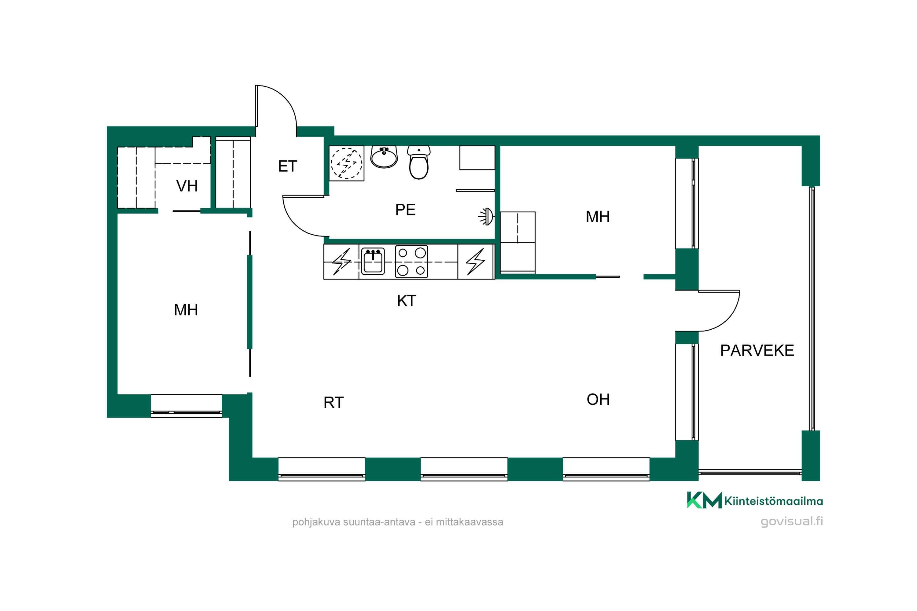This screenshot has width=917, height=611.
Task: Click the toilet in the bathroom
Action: [x=419, y=163]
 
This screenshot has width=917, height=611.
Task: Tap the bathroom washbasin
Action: [x=384, y=157]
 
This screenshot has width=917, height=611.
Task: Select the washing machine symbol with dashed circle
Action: [x=346, y=163]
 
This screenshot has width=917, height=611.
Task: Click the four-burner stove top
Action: [x=411, y=262]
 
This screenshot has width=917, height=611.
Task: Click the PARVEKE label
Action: [x=757, y=350]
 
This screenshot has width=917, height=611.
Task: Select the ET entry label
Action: [x=287, y=166]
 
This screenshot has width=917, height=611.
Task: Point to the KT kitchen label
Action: [x=406, y=301]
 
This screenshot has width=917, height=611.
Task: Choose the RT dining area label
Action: [x=333, y=403]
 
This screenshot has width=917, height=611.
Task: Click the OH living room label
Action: [x=598, y=399]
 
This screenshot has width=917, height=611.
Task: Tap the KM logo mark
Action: [x=704, y=500]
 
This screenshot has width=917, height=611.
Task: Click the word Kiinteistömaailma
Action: [x=774, y=501]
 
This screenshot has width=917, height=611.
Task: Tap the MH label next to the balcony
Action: [x=597, y=217]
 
